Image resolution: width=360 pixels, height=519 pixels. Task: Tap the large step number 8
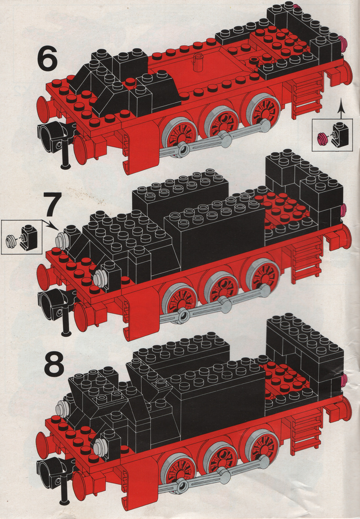point(54,365)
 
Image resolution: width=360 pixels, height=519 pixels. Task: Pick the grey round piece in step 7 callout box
point(11,240)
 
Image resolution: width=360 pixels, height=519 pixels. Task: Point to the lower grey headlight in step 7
point(99,278)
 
